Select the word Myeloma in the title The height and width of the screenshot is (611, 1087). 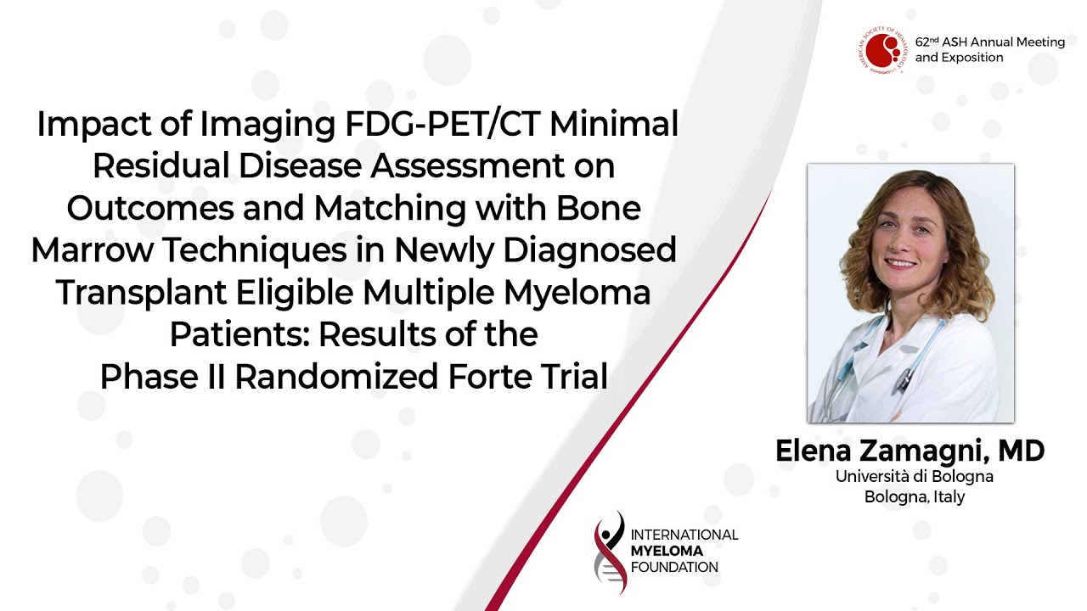577,293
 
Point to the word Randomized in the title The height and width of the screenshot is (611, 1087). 337,377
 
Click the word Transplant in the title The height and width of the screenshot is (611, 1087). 141,294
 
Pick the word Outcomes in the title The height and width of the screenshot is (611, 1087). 150,209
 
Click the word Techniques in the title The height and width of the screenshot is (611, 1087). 255,250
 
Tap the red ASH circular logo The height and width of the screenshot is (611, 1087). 882,50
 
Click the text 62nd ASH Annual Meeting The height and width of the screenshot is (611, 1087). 990,42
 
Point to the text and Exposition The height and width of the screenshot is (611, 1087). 959,58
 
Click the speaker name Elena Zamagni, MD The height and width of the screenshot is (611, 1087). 910,451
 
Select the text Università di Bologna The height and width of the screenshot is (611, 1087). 915,477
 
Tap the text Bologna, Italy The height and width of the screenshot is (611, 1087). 915,497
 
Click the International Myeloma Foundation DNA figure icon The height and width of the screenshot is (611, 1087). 610,552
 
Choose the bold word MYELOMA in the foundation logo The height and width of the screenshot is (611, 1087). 667,552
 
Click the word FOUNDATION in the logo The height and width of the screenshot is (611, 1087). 674,568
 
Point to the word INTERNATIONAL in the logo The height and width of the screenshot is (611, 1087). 684,535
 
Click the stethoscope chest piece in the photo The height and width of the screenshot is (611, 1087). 902,383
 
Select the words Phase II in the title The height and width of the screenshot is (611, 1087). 163,377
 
